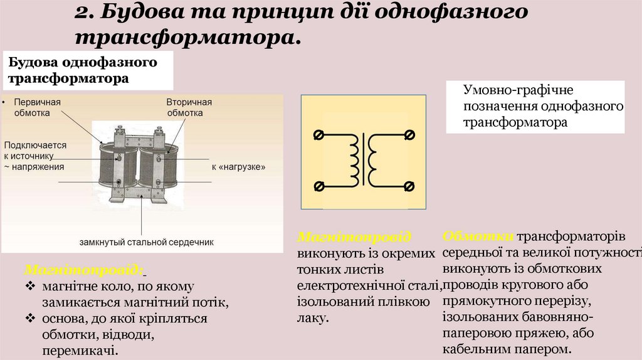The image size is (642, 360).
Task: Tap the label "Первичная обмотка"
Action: tap(38, 107)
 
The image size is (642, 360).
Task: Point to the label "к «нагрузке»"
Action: tap(239, 167)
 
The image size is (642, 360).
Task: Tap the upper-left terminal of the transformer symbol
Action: tap(318, 135)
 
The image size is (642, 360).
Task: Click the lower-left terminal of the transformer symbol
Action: tap(318, 186)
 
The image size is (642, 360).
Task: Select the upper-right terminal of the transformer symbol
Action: tap(409, 135)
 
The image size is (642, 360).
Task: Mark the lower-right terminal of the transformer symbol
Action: tap(409, 186)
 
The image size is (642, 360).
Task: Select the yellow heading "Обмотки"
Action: tap(478, 236)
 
